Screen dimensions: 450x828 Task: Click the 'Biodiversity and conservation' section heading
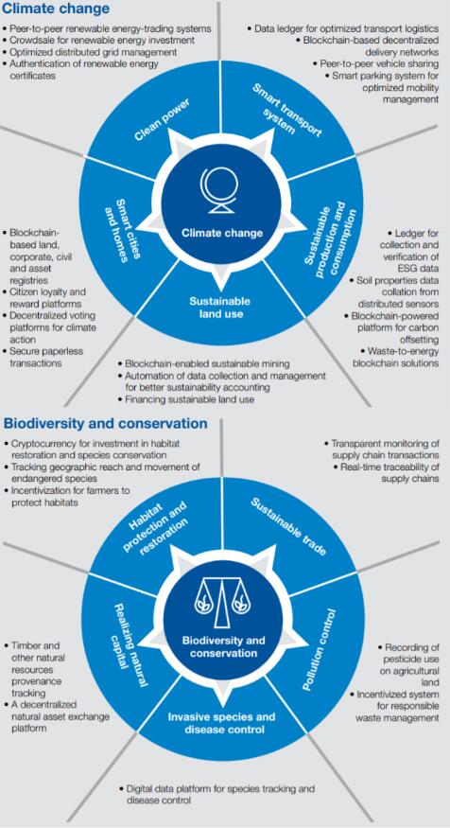point(106,424)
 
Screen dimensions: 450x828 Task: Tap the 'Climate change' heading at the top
point(57,8)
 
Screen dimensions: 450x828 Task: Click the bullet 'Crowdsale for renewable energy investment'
point(98,40)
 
